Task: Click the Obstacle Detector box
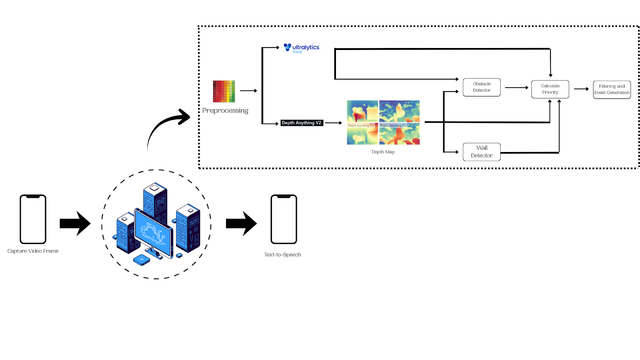[482, 87]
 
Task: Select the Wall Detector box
[482, 152]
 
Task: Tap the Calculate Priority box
[550, 89]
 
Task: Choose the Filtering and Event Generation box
[612, 90]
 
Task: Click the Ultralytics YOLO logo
[302, 48]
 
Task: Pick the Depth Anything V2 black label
[302, 123]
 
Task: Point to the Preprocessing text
[225, 110]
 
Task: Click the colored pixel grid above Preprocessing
[224, 91]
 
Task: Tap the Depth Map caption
[383, 152]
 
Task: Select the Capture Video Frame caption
[33, 251]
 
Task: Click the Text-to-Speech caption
[282, 255]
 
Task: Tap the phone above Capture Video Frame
[33, 219]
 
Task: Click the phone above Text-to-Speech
[284, 219]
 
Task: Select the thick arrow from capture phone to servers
[75, 223]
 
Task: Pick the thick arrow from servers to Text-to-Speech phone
[241, 223]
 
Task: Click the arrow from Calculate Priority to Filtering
[581, 89]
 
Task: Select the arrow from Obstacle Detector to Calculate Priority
[516, 88]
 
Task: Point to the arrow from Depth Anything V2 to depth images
[333, 123]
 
